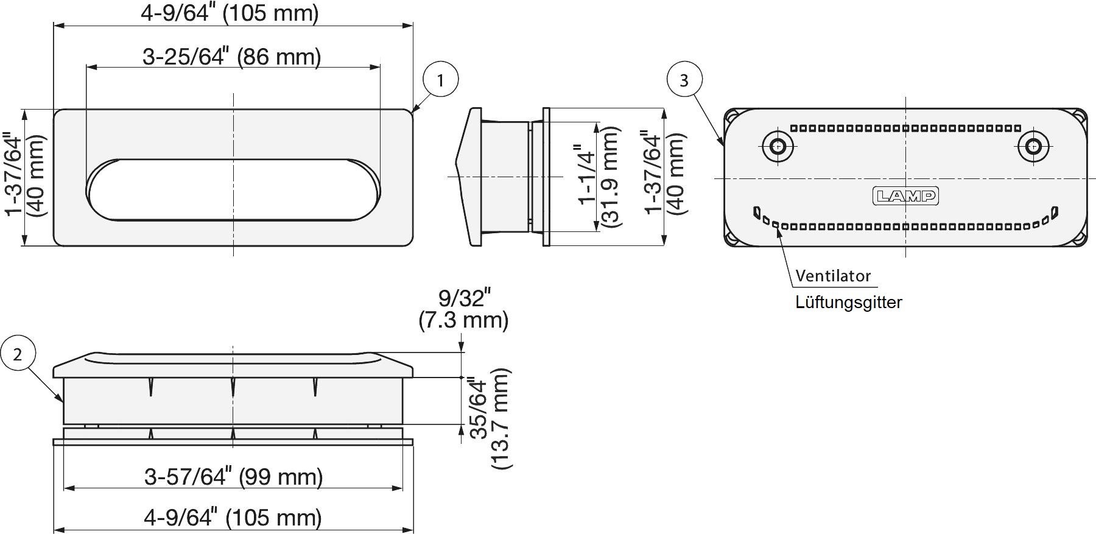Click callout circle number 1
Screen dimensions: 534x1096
(440, 79)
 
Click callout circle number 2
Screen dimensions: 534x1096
(18, 354)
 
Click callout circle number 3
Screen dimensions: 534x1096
(684, 79)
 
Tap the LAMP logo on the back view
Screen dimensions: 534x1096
(905, 195)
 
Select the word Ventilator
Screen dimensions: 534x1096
(833, 276)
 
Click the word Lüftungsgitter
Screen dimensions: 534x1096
(848, 302)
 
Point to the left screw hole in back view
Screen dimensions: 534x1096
(778, 146)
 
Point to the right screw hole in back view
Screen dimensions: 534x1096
(1033, 146)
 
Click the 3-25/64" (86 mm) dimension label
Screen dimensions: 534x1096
(231, 57)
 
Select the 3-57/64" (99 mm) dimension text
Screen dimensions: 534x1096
(233, 477)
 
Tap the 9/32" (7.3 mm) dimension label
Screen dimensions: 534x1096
(463, 309)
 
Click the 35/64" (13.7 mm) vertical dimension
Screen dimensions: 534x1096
(490, 418)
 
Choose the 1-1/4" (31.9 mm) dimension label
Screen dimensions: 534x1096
(598, 177)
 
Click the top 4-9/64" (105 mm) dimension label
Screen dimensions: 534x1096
(230, 13)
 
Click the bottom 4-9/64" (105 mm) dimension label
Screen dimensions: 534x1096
(233, 518)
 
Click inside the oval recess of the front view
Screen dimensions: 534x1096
(233, 190)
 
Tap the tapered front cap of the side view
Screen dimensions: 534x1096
(469, 177)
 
